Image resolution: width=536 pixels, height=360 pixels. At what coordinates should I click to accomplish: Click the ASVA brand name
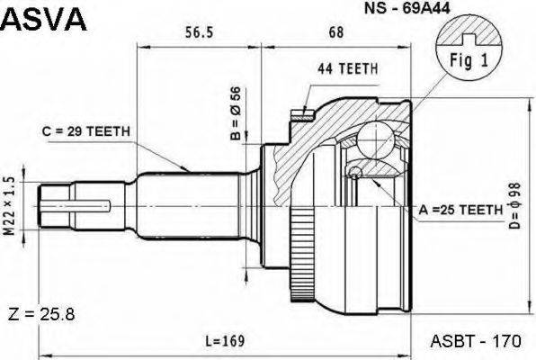point(44,19)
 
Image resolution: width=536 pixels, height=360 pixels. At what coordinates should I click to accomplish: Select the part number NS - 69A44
point(406,8)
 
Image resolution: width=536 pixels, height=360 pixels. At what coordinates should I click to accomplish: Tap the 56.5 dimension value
point(199,32)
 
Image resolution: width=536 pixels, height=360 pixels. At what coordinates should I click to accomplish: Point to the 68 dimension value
point(335,32)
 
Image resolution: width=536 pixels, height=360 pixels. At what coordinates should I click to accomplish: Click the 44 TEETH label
point(348,68)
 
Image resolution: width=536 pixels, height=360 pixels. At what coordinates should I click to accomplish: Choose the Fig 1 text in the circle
point(469,60)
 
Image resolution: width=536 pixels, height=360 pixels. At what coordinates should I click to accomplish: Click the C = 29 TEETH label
point(86,131)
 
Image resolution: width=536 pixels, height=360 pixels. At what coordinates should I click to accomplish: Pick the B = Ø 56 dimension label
point(236,113)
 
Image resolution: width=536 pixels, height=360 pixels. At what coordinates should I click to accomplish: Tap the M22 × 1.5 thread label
point(10,206)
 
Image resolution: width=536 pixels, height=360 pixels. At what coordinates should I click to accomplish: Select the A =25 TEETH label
point(460,210)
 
